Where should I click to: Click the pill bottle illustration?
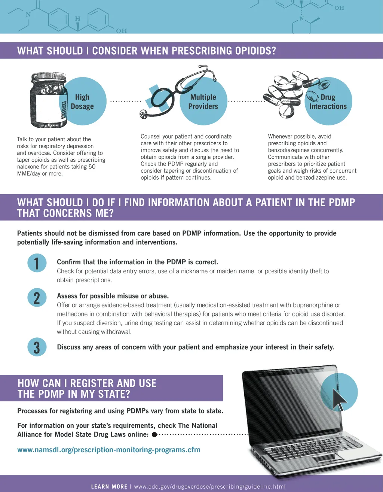point(49,100)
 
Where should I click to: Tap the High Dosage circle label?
point(82,102)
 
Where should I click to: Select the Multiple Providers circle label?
point(203,102)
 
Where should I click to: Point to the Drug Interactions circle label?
point(328,102)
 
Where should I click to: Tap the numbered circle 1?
point(37,263)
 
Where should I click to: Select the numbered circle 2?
point(37,298)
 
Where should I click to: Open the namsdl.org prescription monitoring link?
point(109,450)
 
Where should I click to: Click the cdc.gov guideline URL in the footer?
point(209,486)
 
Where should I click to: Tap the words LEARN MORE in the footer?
point(109,486)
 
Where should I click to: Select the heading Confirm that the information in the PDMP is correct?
point(138,262)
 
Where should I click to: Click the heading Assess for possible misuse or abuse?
point(113,296)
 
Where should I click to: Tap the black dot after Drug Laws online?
point(154,434)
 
